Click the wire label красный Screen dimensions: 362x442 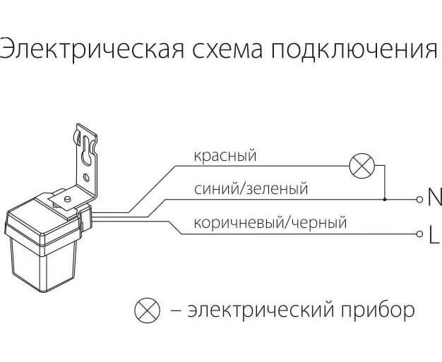(x=225, y=155)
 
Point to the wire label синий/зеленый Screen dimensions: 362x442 (x=251, y=189)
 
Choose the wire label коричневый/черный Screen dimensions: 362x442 (x=270, y=223)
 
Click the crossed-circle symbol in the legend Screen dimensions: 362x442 (x=148, y=310)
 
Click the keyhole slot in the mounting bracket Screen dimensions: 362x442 (x=85, y=148)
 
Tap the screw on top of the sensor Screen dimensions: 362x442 (x=65, y=200)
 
